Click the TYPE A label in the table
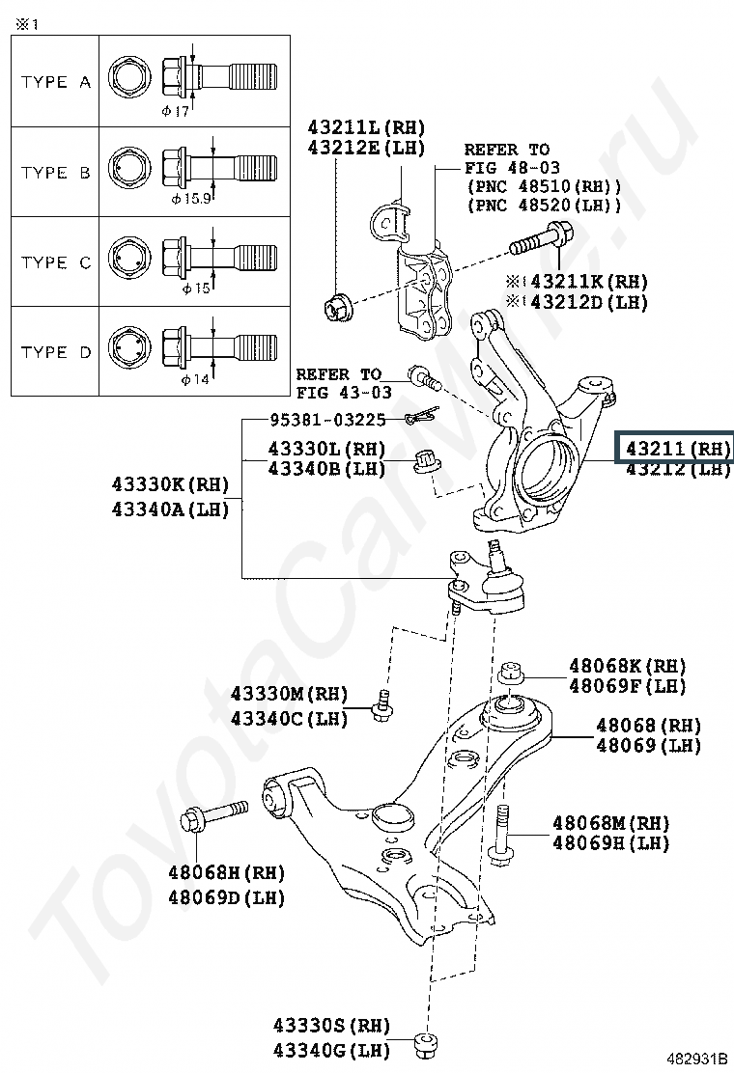pos(55,82)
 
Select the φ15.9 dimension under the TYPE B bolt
pos(191,199)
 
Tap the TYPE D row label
pos(55,352)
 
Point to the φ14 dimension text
pos(195,378)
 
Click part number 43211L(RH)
pos(366,127)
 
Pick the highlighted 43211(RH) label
pos(677,449)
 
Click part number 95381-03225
pos(328,420)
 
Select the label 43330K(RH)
pos(171,484)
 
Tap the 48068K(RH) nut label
pos(628,665)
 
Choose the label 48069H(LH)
pos(610,843)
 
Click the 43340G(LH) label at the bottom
pos(331,1050)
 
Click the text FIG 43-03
pos(344,393)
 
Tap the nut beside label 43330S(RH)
pos(426,1045)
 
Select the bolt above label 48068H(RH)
pos(214,815)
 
